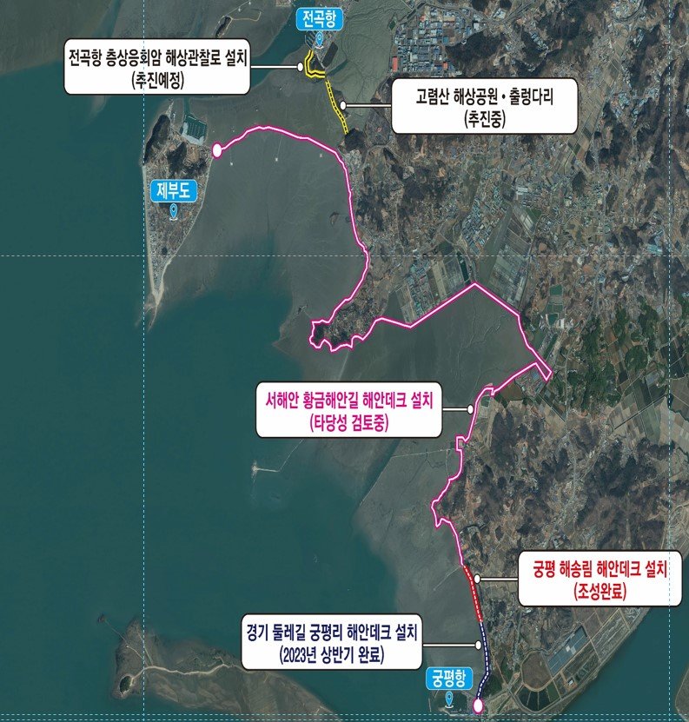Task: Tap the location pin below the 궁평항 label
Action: coord(448,698)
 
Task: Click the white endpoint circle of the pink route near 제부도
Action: coord(216,151)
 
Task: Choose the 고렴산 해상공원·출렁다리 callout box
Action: coord(484,108)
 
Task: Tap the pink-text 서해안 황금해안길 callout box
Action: coord(352,411)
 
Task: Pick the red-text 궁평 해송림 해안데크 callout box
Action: coord(599,580)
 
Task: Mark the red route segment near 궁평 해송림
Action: coord(474,591)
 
